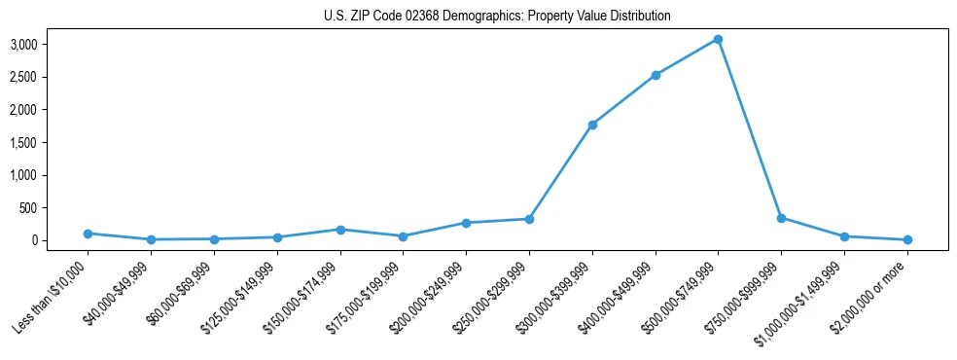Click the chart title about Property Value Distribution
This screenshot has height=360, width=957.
pyautogui.click(x=497, y=17)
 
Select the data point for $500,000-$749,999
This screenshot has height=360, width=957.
pyautogui.click(x=718, y=40)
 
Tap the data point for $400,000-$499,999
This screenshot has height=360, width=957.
pyautogui.click(x=656, y=75)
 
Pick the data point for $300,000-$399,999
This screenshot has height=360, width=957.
pyautogui.click(x=592, y=125)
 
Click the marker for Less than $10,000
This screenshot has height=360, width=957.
pyautogui.click(x=89, y=234)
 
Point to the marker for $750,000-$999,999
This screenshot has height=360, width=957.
pyautogui.click(x=781, y=218)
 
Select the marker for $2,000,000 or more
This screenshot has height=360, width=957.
pyautogui.click(x=907, y=239)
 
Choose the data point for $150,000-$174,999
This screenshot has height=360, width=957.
pyautogui.click(x=340, y=230)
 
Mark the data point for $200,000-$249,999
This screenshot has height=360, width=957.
pyautogui.click(x=466, y=223)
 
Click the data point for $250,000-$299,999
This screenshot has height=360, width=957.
pyautogui.click(x=529, y=219)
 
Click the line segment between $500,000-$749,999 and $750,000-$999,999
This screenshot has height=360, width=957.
pyautogui.click(x=749, y=128)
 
